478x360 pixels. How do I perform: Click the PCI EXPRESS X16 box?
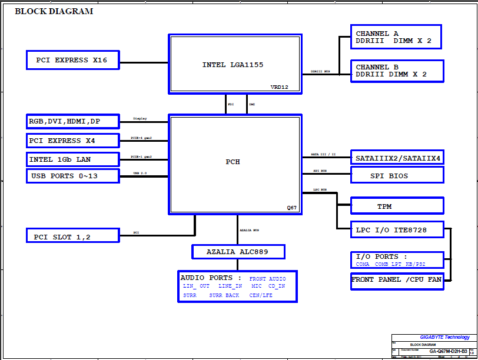73,60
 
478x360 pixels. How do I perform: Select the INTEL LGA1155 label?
233,65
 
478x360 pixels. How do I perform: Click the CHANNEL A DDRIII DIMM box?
396,38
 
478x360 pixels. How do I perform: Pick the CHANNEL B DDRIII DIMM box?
396,71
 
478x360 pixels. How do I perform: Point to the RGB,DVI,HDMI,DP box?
73,122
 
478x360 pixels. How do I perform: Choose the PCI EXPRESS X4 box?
73,141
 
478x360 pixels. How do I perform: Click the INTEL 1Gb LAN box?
73,159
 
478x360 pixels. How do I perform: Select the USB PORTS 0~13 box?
73,176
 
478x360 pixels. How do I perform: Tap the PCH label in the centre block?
233,162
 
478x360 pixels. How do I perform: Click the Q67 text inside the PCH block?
292,208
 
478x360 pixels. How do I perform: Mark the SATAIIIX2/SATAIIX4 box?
397,158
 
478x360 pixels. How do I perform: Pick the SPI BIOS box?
397,175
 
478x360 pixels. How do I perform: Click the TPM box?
397,206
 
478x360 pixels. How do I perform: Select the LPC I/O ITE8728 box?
397,230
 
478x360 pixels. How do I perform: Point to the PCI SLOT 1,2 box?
73,236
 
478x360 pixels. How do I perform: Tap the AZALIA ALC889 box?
238,252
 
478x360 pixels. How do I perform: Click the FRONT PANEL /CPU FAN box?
397,280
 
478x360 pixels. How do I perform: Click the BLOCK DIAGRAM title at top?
54,11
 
